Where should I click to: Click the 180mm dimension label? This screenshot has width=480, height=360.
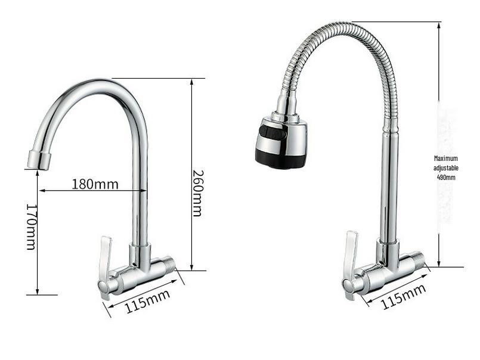point(95,184)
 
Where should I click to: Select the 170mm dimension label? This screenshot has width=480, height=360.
point(31,227)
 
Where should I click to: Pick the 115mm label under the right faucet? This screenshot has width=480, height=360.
point(403,296)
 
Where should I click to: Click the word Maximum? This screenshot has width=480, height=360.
point(446,159)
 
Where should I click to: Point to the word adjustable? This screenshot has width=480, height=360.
point(446,167)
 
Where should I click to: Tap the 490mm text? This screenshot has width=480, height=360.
point(446,177)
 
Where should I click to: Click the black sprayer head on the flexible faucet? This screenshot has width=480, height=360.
point(280,142)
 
